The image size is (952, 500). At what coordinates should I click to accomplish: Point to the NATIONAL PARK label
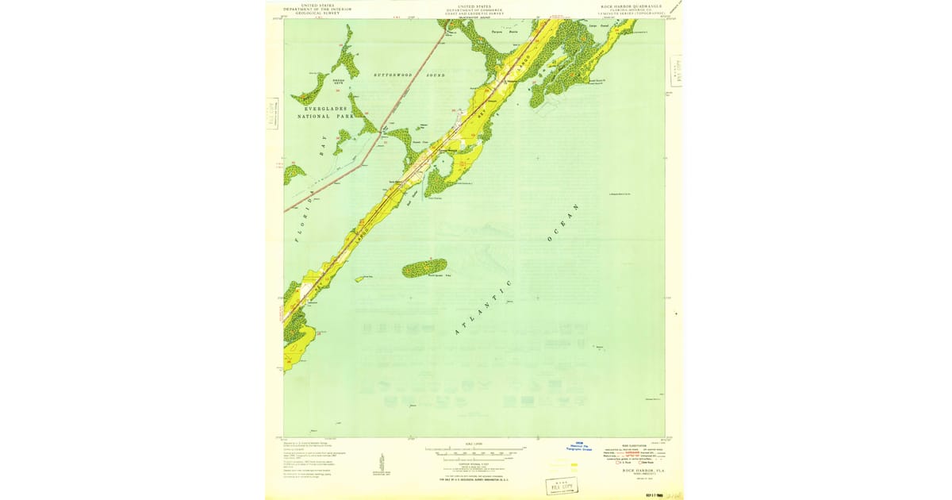(x=325, y=116)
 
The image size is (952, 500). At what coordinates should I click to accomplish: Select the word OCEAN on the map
(x=562, y=222)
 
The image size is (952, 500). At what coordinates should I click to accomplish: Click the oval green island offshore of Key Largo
(x=424, y=268)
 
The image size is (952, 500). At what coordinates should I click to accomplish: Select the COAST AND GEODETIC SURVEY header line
(x=474, y=13)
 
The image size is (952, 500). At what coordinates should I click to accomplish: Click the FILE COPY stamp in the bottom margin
(x=561, y=486)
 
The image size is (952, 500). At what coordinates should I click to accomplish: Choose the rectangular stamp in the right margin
(x=675, y=71)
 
